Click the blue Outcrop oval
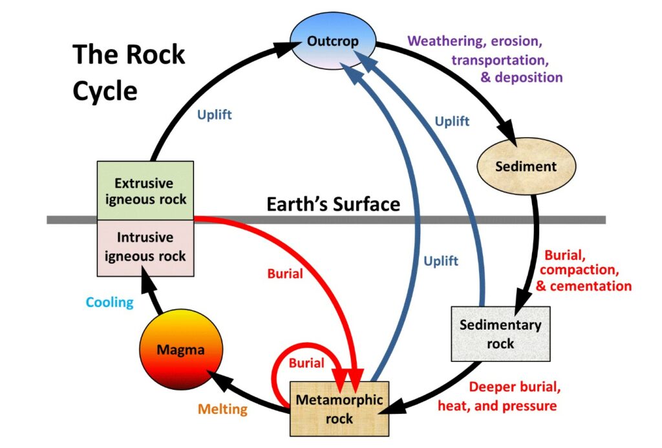click(x=333, y=41)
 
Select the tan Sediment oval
click(x=526, y=166)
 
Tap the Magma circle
click(x=181, y=349)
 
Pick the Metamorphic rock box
click(x=339, y=409)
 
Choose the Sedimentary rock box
click(x=501, y=334)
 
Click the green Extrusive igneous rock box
click(x=145, y=191)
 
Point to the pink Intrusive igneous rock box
click(x=145, y=248)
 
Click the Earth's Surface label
click(x=333, y=204)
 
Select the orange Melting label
click(x=222, y=409)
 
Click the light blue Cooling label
click(x=110, y=303)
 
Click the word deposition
click(x=529, y=78)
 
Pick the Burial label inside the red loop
click(x=306, y=363)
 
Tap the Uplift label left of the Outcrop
click(x=215, y=114)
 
